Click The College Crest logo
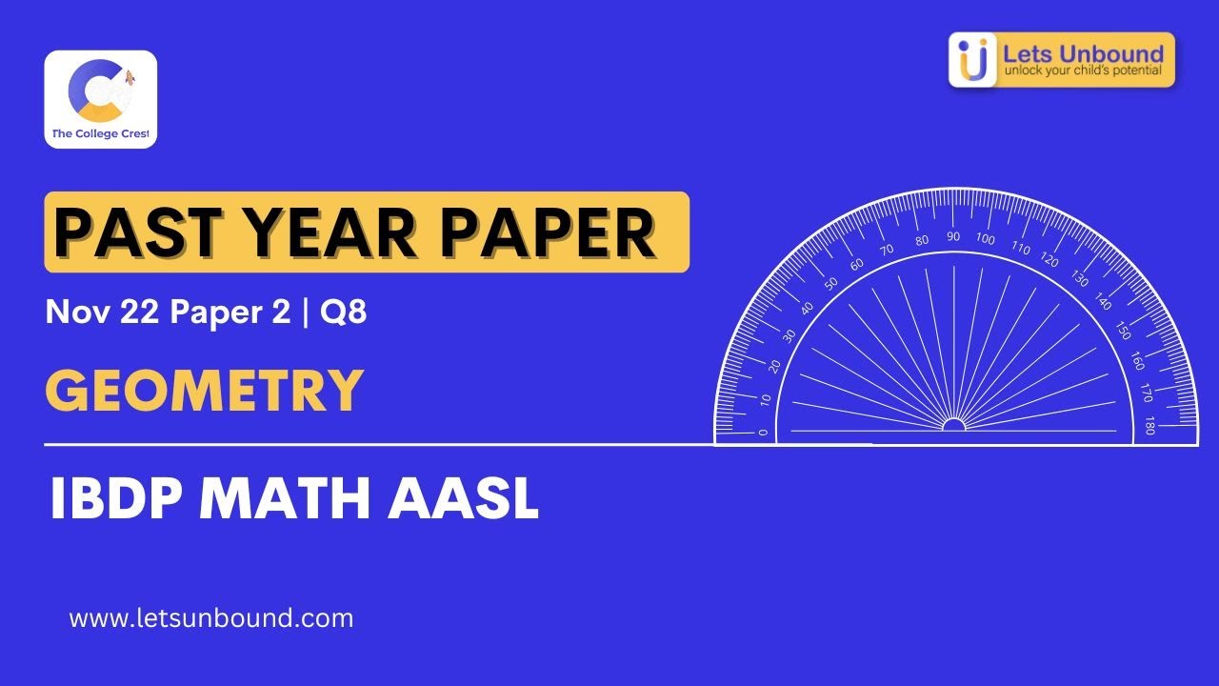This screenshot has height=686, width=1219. tap(100, 99)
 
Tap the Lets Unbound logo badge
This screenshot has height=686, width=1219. tap(1062, 60)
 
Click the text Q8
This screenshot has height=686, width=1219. tap(344, 313)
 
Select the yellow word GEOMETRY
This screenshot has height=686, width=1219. tap(204, 391)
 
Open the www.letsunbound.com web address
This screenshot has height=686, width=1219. tap(211, 618)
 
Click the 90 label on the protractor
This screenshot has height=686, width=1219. tap(953, 236)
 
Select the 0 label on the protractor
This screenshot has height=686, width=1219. tap(763, 432)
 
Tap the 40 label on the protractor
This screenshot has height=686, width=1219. tap(808, 308)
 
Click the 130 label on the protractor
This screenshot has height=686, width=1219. tap(1079, 279)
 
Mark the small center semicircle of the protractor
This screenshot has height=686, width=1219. tap(953, 425)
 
